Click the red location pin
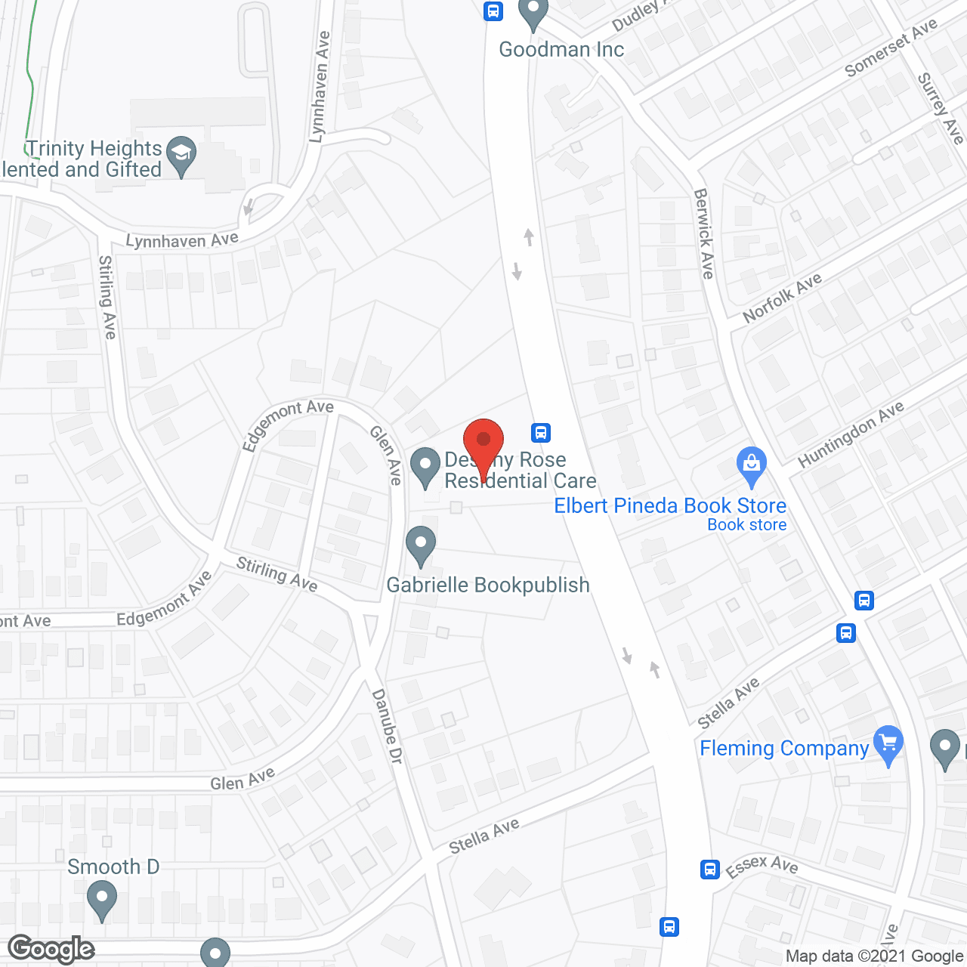[483, 443]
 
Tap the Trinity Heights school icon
[181, 155]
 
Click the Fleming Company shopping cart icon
[888, 744]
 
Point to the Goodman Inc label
[561, 50]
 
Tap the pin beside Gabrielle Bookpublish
[421, 545]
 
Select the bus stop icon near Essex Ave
[709, 869]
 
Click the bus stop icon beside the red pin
[540, 432]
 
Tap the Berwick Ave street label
[704, 233]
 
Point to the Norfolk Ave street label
[782, 298]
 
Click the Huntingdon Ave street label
[851, 434]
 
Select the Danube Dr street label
[387, 726]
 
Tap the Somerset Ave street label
[891, 48]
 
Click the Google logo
[51, 949]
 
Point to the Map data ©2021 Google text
[874, 956]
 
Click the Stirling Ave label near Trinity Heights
[107, 297]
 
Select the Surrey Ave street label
[940, 108]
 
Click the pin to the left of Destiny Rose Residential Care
[425, 467]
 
